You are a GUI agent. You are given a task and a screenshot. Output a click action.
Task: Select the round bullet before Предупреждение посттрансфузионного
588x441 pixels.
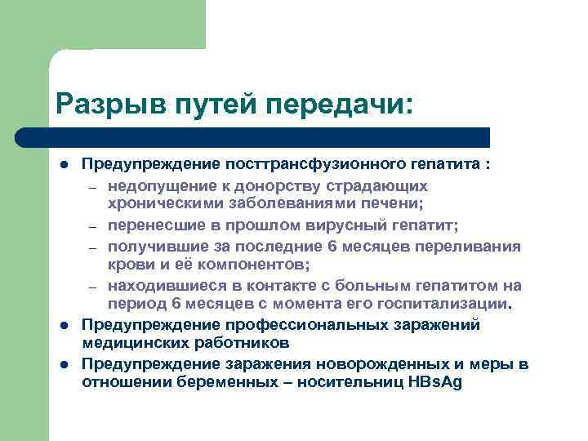[x=63, y=165]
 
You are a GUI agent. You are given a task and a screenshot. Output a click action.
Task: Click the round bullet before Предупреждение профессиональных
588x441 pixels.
[x=63, y=326]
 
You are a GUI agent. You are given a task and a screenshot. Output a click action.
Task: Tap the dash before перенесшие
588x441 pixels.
[x=94, y=226]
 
